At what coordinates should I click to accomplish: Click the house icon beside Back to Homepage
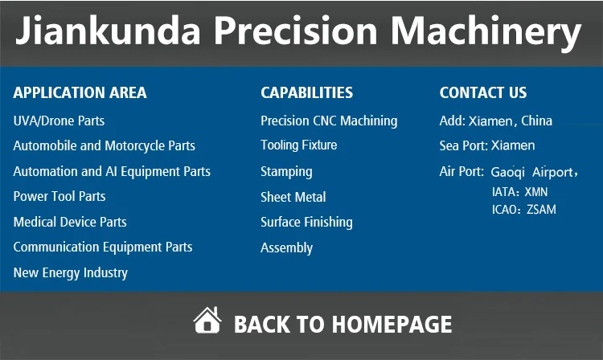[x=207, y=320]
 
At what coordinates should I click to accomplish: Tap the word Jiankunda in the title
[x=108, y=31]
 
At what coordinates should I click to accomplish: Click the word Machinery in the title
[x=486, y=32]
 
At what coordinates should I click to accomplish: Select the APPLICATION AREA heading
[x=80, y=92]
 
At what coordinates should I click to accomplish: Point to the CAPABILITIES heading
[x=306, y=92]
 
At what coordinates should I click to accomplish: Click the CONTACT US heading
[x=483, y=92]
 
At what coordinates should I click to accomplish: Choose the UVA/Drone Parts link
[x=59, y=121]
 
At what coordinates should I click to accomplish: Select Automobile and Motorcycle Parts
[x=105, y=146]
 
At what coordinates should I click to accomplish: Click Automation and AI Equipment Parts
[x=112, y=171]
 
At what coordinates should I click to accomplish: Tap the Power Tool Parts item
[x=59, y=196]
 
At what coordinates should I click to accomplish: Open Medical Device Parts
[x=70, y=222]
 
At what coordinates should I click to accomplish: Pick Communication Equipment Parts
[x=103, y=247]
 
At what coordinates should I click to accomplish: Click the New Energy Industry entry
[x=71, y=272]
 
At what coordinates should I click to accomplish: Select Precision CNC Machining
[x=329, y=121]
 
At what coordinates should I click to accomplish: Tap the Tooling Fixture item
[x=299, y=145]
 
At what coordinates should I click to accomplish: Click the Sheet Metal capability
[x=293, y=197]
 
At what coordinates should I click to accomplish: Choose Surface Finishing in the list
[x=306, y=223]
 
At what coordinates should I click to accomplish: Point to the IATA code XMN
[x=536, y=192]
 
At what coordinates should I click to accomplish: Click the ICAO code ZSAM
[x=541, y=210]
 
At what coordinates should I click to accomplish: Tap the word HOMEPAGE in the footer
[x=392, y=325]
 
